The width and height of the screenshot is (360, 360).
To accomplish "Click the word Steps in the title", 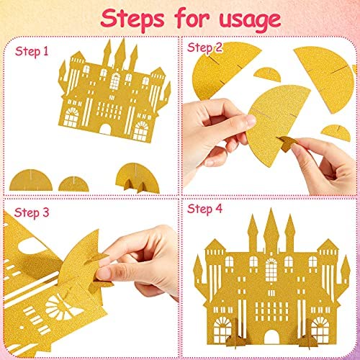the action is (x=132, y=19).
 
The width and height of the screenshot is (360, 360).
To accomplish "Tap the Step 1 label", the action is (x=32, y=52).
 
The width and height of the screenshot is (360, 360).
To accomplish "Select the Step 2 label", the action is (x=204, y=48).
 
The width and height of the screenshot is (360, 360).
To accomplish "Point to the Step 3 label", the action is (x=32, y=213).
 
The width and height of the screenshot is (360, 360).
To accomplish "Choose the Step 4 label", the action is (x=204, y=210).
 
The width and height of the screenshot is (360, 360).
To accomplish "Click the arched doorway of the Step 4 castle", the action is (x=271, y=337).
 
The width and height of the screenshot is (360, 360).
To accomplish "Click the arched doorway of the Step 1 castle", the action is (x=105, y=129).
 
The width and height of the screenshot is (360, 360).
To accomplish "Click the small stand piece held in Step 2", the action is (x=287, y=143).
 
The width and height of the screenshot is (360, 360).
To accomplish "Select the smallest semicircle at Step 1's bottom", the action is (x=73, y=184).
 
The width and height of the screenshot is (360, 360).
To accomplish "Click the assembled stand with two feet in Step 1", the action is (x=138, y=179).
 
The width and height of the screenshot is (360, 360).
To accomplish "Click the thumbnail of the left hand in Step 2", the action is (x=250, y=120).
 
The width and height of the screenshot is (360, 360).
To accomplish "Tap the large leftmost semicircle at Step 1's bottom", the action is (x=31, y=181).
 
